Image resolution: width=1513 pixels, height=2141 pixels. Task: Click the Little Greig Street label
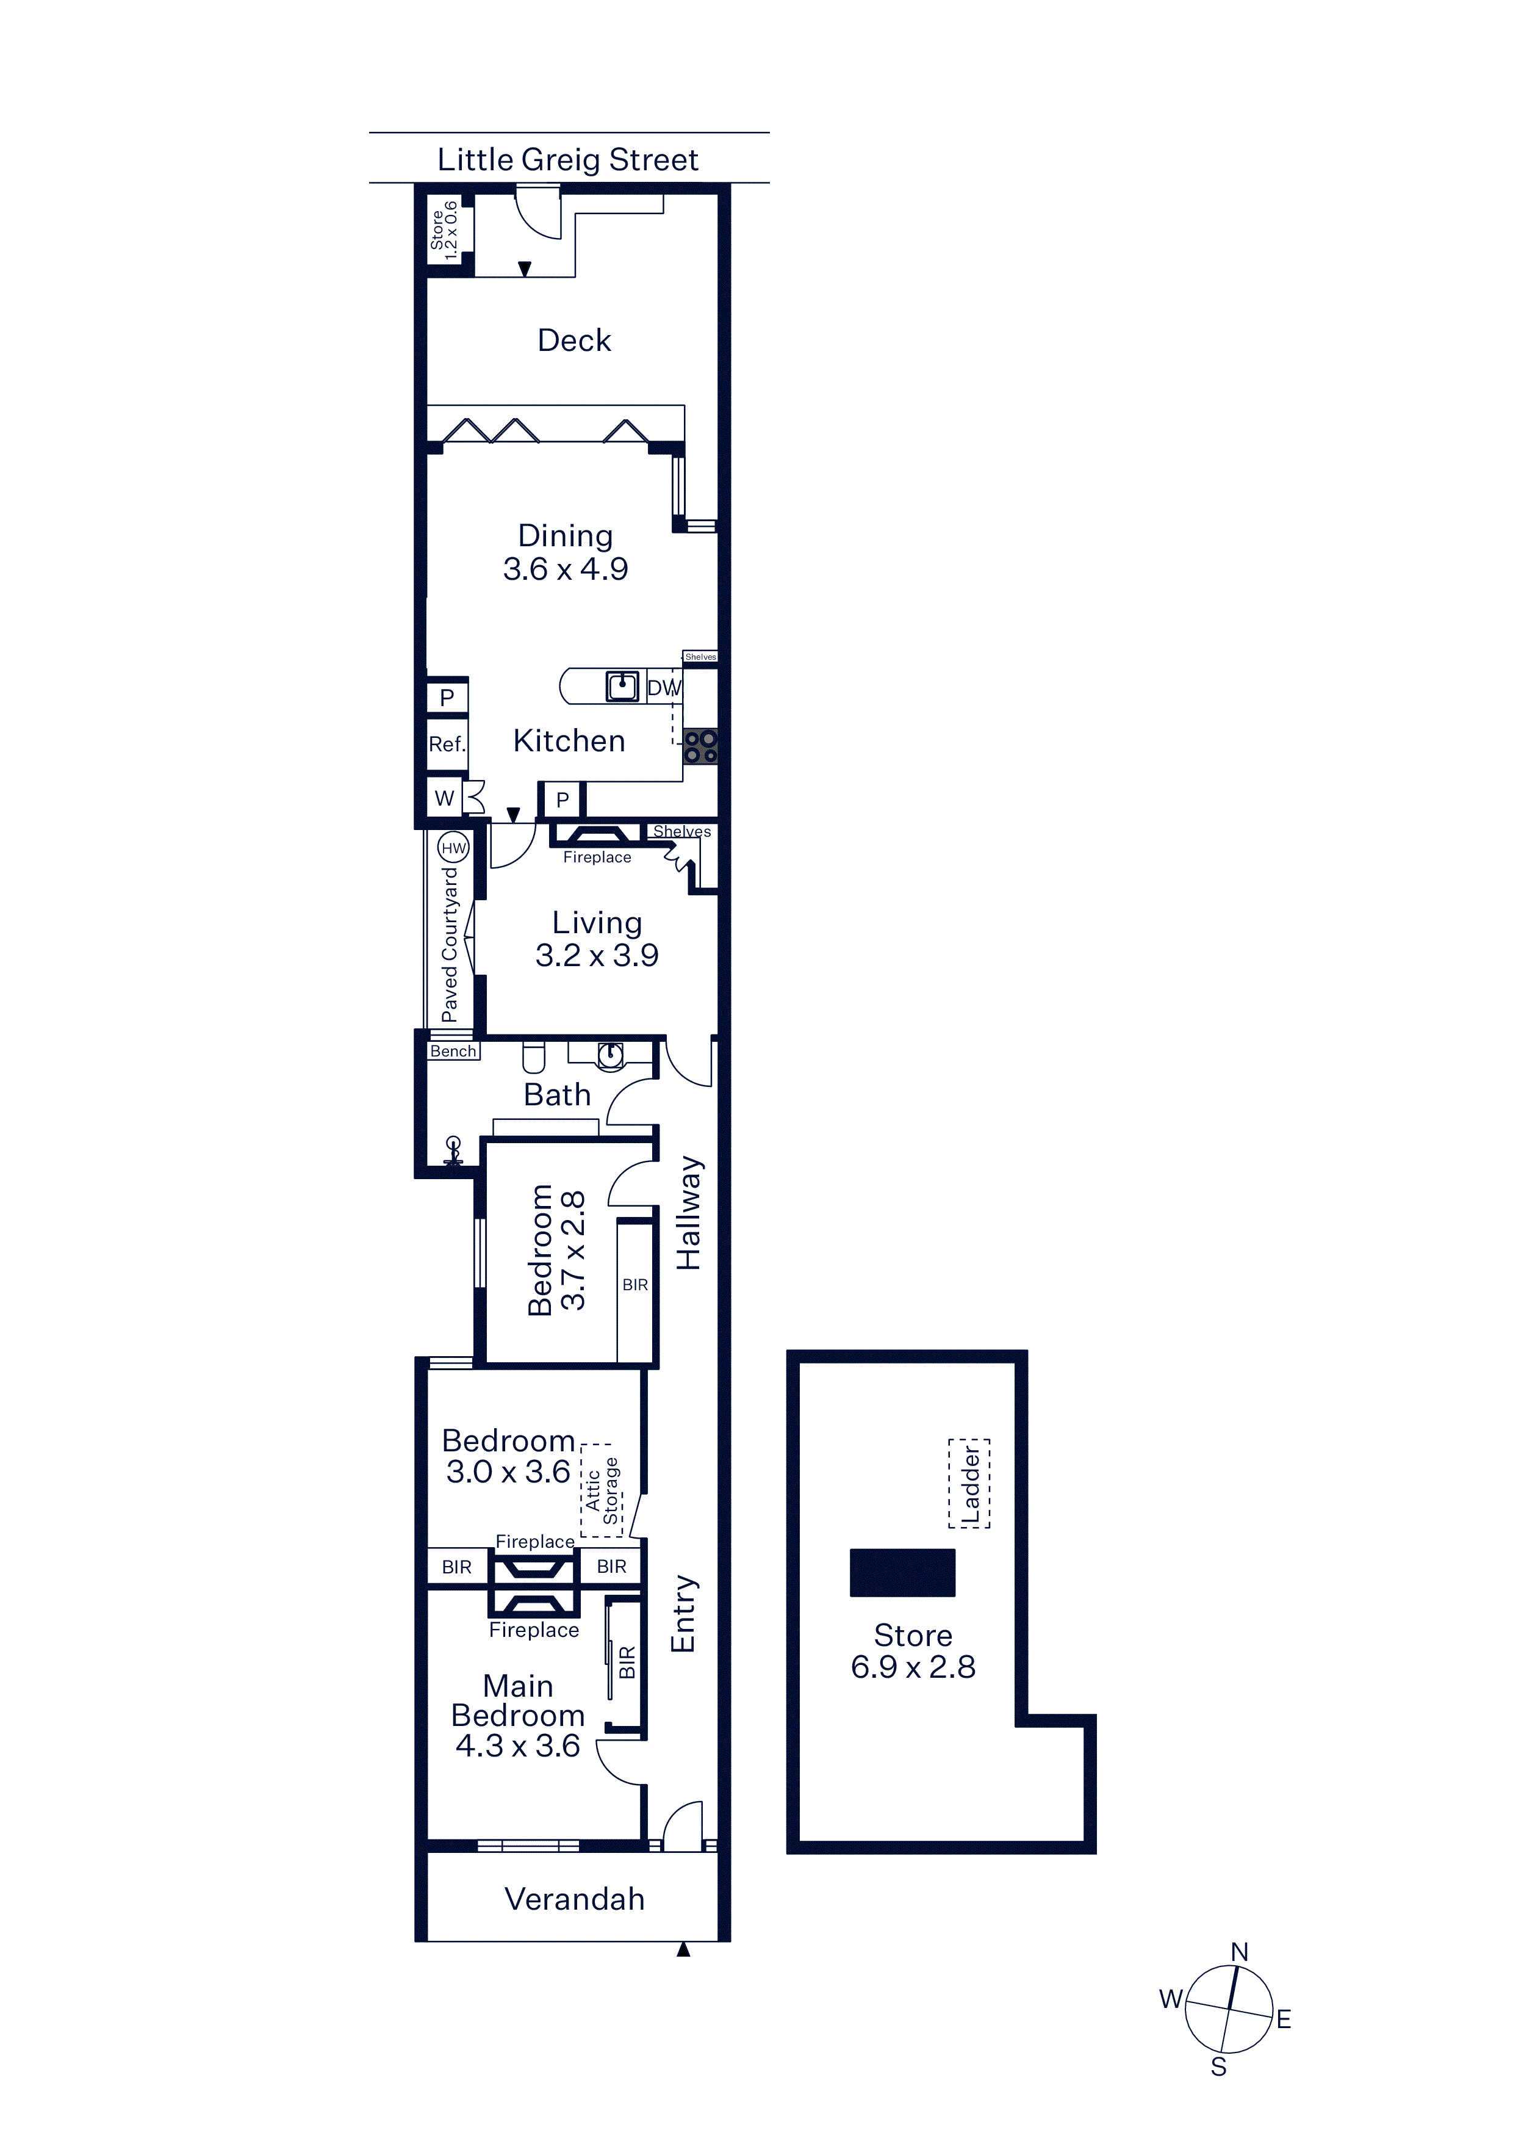pyautogui.click(x=568, y=161)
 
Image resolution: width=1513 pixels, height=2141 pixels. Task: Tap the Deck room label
pyautogui.click(x=574, y=341)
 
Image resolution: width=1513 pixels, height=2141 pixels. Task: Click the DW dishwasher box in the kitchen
pyautogui.click(x=664, y=687)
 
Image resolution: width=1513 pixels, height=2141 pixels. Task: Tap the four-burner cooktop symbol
pyautogui.click(x=700, y=746)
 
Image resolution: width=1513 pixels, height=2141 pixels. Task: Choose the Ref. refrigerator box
pyautogui.click(x=447, y=744)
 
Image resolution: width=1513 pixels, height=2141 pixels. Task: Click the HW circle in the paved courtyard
pyautogui.click(x=453, y=848)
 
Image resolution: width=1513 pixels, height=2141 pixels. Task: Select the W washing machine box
pyautogui.click(x=445, y=798)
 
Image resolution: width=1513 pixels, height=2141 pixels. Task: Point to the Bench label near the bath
pyautogui.click(x=453, y=1051)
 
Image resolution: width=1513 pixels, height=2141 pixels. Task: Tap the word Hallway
pyautogui.click(x=688, y=1212)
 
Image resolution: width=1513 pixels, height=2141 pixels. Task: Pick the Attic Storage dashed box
pyautogui.click(x=602, y=1490)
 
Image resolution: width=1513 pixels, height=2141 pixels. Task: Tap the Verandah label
pyautogui.click(x=574, y=1899)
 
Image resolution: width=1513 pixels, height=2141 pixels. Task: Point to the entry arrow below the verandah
pyautogui.click(x=683, y=1949)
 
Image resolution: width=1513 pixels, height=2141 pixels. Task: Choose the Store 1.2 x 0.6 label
pyautogui.click(x=445, y=230)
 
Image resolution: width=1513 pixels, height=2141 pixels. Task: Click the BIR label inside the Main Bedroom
pyautogui.click(x=627, y=1662)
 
